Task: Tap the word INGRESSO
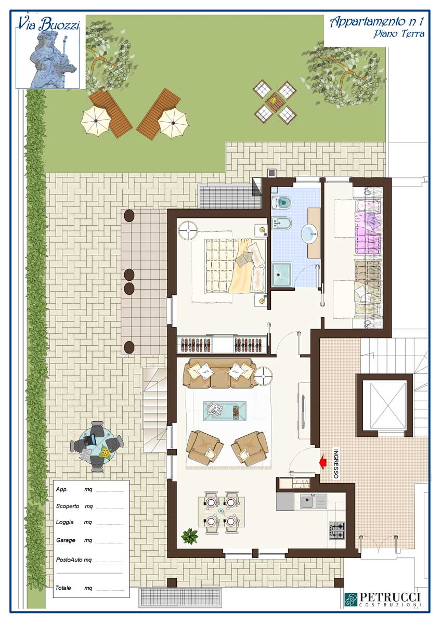coord(336,464)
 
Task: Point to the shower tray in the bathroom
coord(282,274)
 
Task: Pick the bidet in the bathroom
coord(281,223)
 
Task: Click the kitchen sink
coord(314,501)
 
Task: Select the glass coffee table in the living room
coord(225,410)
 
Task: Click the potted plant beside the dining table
coord(189,536)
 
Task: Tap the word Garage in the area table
coord(66,540)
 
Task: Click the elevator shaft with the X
coord(384,405)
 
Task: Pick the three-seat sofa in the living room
coord(220,373)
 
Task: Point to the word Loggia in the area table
coord(64,522)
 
